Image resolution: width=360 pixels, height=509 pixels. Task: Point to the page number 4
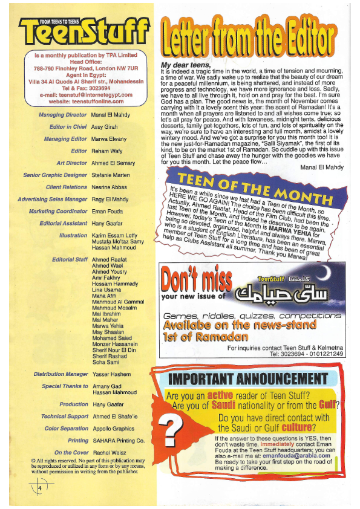coord(39,488)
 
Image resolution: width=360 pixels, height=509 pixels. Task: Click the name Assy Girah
coord(105,127)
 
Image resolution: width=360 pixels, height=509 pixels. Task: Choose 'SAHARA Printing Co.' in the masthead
coord(119,441)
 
